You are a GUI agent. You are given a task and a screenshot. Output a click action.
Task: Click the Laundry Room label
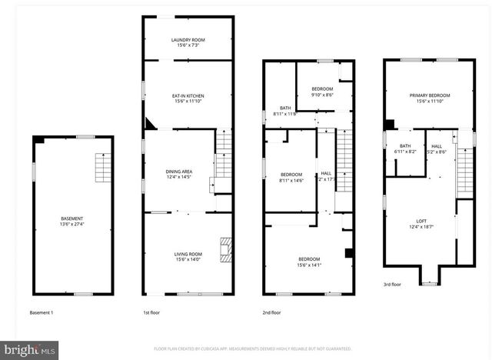tap(188, 41)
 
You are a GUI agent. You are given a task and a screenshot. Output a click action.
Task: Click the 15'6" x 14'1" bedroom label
tap(309, 262)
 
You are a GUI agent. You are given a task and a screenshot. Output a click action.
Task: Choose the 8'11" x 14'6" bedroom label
tap(292, 176)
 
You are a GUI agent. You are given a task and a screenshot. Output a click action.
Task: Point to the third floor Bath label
tap(405, 148)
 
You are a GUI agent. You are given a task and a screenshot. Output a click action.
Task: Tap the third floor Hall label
tap(437, 148)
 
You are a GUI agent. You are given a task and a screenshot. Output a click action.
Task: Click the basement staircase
tap(102, 167)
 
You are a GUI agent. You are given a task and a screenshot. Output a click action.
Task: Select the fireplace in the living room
tap(224, 248)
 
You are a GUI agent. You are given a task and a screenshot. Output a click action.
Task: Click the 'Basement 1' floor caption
tap(43, 313)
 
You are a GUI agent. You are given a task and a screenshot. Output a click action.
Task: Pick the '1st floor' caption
tap(151, 313)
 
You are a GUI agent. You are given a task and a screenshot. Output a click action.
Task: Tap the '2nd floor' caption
tap(271, 313)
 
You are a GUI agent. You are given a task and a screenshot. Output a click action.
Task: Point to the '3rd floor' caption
tap(392, 285)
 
